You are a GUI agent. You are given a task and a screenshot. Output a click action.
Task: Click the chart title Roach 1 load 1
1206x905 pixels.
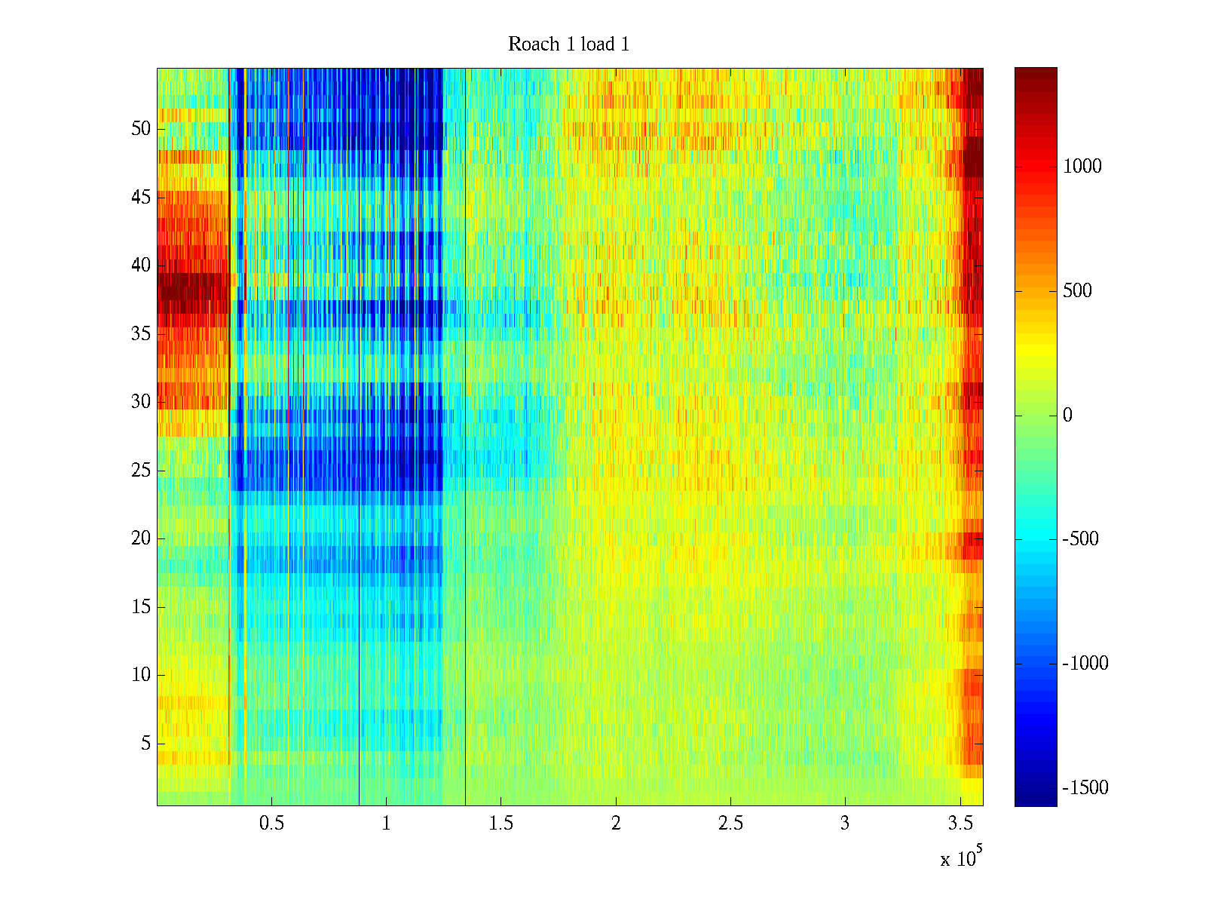coord(568,44)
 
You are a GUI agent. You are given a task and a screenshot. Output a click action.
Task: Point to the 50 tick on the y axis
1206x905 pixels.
coord(141,129)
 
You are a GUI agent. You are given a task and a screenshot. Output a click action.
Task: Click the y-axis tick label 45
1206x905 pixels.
coord(141,198)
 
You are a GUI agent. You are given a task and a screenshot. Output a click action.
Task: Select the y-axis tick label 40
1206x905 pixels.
coord(141,265)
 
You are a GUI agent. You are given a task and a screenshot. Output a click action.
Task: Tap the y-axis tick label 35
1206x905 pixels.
coord(141,334)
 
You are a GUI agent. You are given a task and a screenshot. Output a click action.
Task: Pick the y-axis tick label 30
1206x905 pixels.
coord(141,402)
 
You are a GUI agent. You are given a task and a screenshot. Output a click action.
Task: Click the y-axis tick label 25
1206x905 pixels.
coord(141,471)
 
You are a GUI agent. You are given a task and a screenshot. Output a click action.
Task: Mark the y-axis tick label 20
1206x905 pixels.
coord(141,538)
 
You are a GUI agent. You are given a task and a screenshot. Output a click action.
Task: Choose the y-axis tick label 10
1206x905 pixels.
coord(141,675)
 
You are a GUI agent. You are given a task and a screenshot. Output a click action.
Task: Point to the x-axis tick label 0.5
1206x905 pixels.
coord(271,824)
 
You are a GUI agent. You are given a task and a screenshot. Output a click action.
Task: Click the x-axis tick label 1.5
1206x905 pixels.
coord(501,824)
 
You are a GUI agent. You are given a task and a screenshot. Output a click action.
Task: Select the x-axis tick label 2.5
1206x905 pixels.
coord(730,824)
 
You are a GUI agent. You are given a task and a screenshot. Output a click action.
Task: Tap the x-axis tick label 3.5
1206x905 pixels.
coord(960,824)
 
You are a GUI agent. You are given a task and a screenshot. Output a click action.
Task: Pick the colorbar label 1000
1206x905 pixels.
coord(1082,167)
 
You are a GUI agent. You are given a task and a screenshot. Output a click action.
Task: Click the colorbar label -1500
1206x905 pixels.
coord(1085,788)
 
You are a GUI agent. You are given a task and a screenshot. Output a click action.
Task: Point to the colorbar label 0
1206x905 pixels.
coord(1067,416)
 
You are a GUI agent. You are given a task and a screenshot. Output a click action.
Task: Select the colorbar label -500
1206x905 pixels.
coord(1081,539)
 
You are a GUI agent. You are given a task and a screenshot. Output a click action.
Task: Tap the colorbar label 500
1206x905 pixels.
coord(1078,291)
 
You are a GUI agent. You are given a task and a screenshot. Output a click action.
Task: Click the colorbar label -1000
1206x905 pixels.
coord(1085,664)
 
